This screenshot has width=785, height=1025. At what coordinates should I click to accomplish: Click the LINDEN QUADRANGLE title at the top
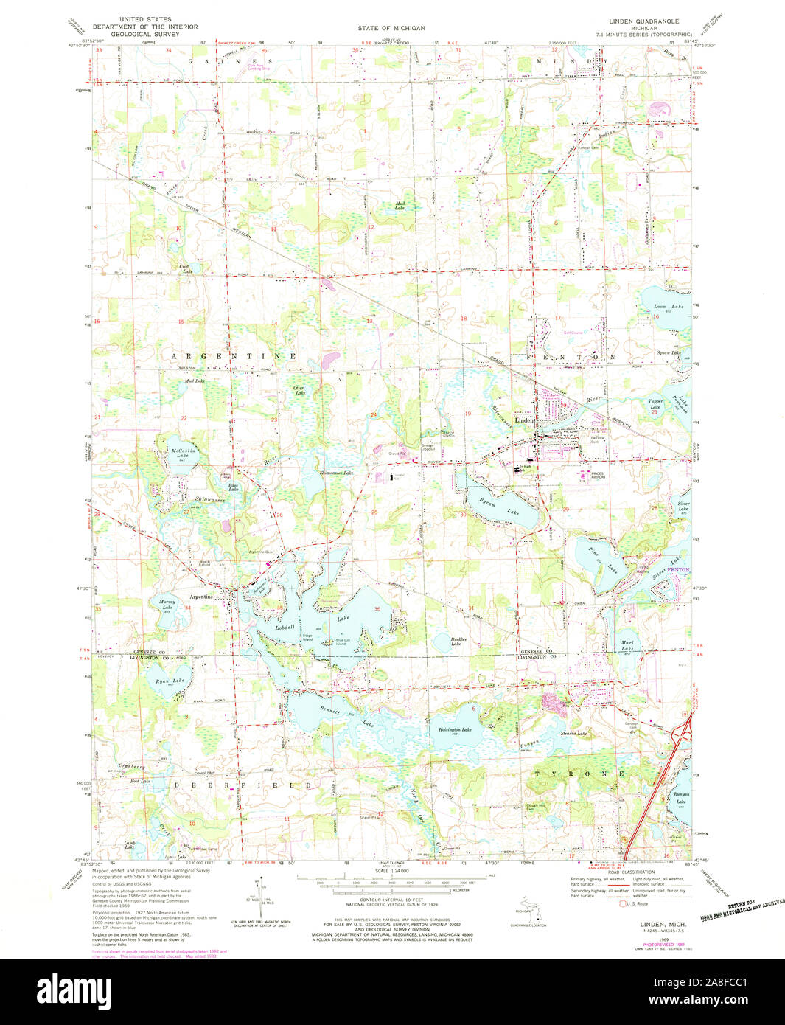(x=643, y=21)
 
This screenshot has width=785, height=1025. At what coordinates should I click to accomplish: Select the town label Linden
(x=524, y=420)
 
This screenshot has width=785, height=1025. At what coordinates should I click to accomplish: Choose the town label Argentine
(x=201, y=597)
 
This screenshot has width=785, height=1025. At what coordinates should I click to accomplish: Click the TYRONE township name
(x=579, y=774)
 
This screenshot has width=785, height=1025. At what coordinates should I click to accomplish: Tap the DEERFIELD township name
(x=243, y=785)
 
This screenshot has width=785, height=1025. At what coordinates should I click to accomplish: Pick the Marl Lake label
(x=627, y=644)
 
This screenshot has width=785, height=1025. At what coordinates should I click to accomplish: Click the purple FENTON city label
(x=679, y=570)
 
